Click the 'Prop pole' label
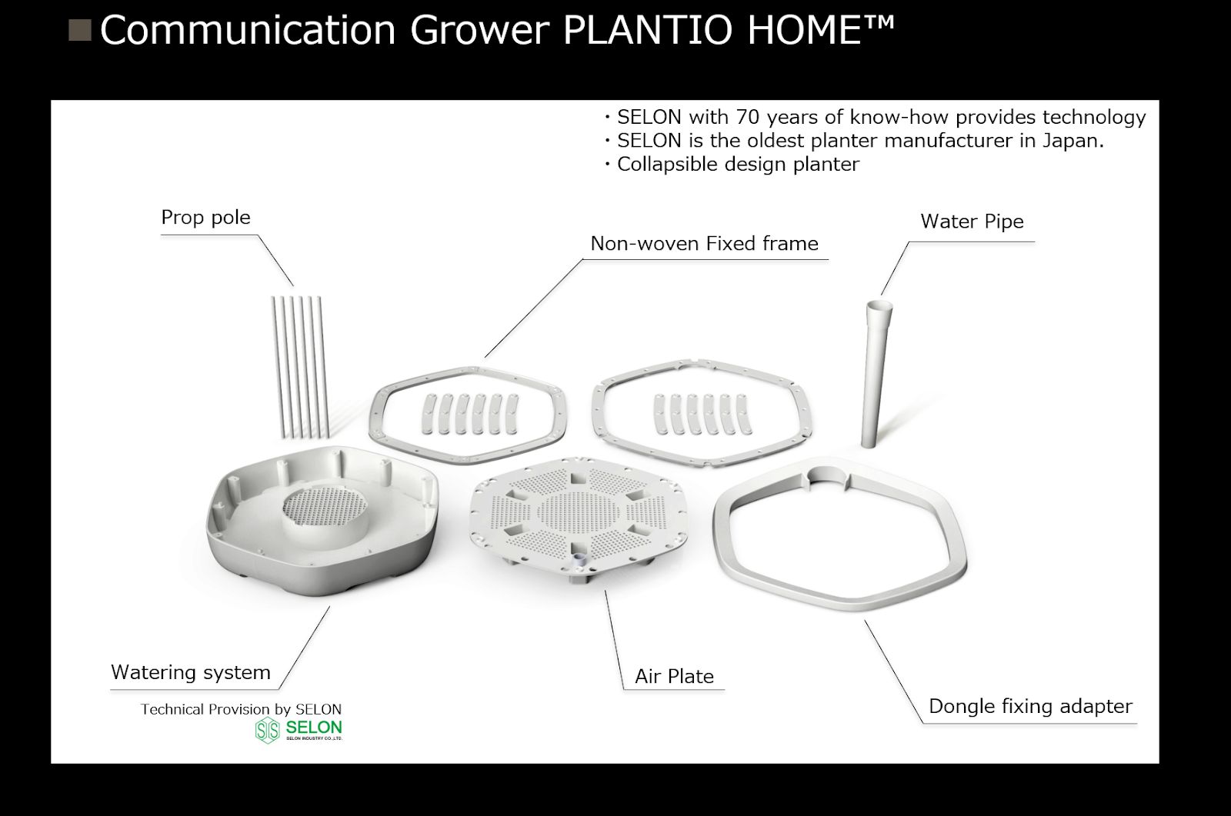205,218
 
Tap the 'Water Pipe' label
972,221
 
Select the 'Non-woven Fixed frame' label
704,244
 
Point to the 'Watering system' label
191,673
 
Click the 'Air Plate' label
674,677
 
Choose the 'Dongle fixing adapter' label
1030,707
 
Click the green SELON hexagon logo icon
268,731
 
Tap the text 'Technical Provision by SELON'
241,709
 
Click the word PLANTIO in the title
647,30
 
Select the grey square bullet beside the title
80,30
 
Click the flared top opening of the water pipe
879,305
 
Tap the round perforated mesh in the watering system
324,505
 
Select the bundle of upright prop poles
300,367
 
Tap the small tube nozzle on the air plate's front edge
579,562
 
